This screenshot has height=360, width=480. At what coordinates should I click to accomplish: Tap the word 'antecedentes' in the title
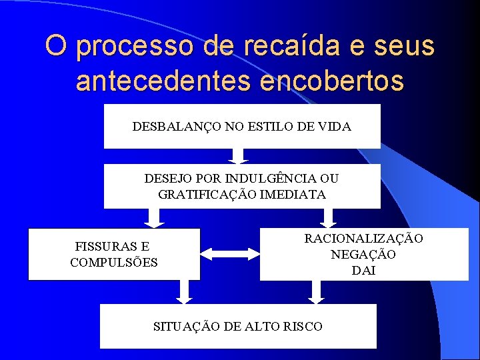coord(163,80)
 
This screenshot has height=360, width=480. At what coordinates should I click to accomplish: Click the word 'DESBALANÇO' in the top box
coord(171,126)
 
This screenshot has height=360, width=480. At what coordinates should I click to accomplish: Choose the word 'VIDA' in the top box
coord(336,126)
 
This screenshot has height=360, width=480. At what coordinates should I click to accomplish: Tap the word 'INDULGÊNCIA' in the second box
coord(272,179)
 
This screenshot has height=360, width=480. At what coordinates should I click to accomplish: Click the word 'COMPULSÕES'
coord(114,262)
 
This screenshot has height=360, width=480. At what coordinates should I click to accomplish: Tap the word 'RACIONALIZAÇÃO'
coord(363,238)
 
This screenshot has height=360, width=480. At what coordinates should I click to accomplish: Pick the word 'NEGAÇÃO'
coord(363,254)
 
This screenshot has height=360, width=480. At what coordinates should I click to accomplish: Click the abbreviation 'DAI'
coord(363,270)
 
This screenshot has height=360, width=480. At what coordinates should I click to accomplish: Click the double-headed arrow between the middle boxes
coord(230,253)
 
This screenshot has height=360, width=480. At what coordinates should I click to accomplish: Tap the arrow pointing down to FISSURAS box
coord(153,217)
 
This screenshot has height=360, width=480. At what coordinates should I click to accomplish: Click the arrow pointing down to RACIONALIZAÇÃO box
coord(327,217)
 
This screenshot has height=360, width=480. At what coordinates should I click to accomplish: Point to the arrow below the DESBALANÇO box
coord(237,156)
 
